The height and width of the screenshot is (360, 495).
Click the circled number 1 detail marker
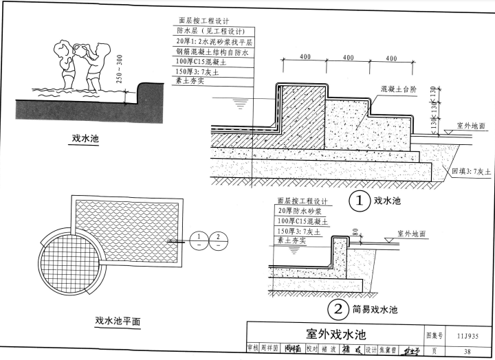click(x=357, y=201)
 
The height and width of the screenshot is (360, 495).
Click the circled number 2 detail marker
click(x=337, y=309)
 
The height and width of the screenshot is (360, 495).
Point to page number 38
click(x=467, y=352)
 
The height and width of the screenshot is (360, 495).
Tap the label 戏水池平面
click(x=118, y=321)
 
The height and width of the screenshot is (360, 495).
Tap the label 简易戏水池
click(x=375, y=309)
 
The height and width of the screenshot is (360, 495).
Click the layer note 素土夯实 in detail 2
click(x=292, y=240)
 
